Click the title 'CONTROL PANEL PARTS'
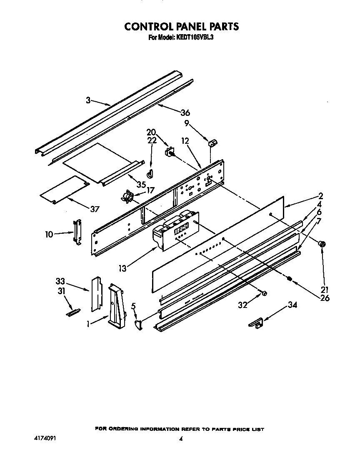point(182,26)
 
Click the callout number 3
point(88,100)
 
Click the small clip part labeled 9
point(213,144)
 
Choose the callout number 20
point(151,133)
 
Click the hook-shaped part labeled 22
point(150,172)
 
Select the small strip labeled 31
point(73,311)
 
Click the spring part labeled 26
point(289,279)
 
